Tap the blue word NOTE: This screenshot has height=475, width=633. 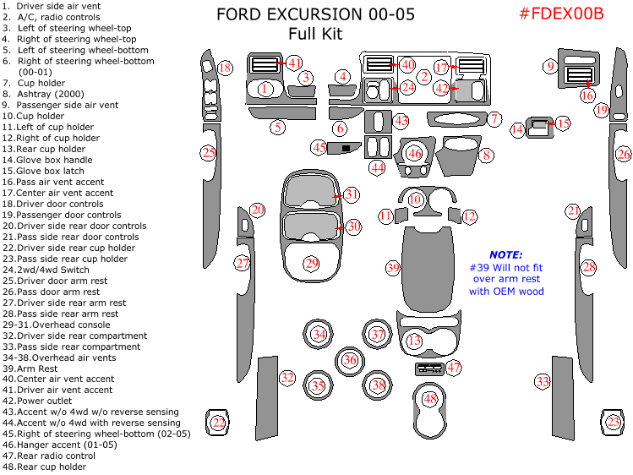pyautogui.click(x=506, y=254)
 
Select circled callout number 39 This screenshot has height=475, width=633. pyautogui.click(x=393, y=268)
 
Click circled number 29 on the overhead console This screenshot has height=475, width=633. pyautogui.click(x=312, y=265)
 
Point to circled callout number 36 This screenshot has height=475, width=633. pyautogui.click(x=350, y=360)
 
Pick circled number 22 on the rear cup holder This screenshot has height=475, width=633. pyautogui.click(x=219, y=423)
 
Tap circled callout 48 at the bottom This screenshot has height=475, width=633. pyautogui.click(x=431, y=398)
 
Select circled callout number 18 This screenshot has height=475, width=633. pyautogui.click(x=225, y=68)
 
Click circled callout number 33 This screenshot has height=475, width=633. pyautogui.click(x=543, y=382)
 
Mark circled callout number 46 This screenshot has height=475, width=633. pyautogui.click(x=414, y=154)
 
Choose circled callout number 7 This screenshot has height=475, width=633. pyautogui.click(x=494, y=120)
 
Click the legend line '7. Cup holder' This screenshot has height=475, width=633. pyautogui.click(x=35, y=83)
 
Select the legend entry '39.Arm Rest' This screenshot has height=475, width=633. pyautogui.click(x=30, y=369)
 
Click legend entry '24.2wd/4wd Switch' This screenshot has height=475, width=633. pyautogui.click(x=45, y=270)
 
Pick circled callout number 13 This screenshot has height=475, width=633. pyautogui.click(x=414, y=341)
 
